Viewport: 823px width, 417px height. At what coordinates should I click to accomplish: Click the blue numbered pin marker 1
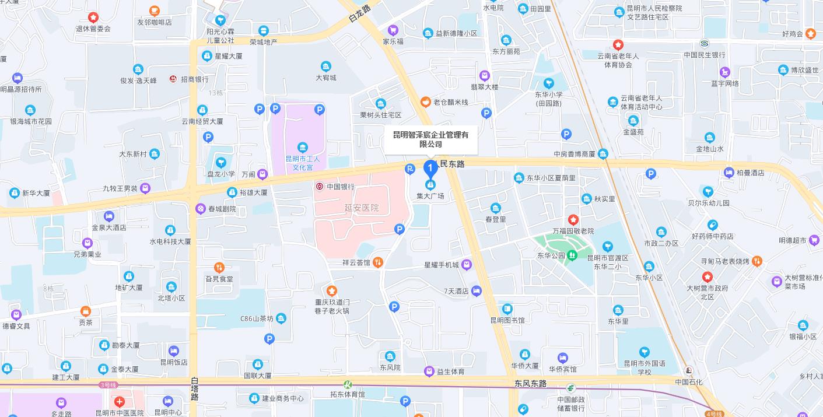(x=430, y=169)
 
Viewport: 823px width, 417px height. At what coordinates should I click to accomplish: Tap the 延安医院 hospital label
(x=361, y=208)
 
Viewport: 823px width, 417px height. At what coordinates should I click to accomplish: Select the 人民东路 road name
(x=449, y=164)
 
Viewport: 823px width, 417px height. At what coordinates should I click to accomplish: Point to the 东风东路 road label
(x=530, y=384)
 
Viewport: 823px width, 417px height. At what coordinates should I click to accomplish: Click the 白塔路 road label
(x=194, y=388)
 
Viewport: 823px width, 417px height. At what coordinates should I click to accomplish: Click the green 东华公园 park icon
(x=573, y=255)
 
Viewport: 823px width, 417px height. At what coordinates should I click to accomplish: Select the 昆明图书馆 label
(x=507, y=320)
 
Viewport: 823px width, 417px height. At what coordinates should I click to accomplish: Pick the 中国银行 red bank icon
(x=319, y=187)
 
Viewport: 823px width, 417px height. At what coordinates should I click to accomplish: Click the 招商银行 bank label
(x=194, y=79)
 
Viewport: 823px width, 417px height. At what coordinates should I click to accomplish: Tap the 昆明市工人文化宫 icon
(x=302, y=147)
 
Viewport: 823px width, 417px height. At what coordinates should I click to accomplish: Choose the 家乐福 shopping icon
(x=393, y=30)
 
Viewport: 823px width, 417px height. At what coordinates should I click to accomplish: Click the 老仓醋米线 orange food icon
(x=426, y=102)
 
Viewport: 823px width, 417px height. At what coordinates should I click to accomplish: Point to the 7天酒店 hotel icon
(x=477, y=290)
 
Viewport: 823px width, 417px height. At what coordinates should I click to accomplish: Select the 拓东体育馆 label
(x=347, y=394)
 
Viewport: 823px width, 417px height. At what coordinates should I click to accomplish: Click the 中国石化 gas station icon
(x=689, y=371)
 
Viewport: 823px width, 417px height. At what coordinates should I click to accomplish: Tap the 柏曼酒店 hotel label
(x=750, y=173)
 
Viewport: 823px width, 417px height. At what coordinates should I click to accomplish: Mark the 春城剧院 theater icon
(x=201, y=208)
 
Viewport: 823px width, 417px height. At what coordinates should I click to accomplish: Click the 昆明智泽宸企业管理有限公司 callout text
(x=430, y=139)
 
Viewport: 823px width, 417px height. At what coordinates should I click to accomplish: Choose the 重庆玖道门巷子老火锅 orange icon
(x=331, y=290)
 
